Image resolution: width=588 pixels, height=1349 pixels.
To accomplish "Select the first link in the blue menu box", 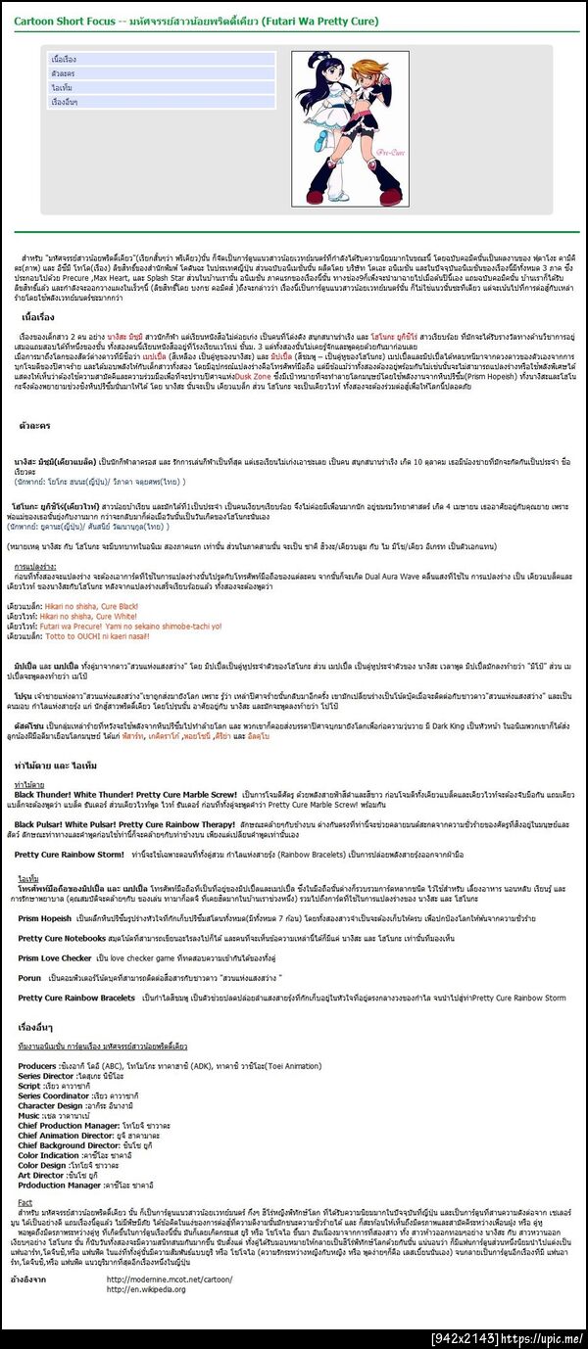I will [x=63, y=60].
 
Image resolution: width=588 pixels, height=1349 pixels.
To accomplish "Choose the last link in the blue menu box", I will [x=65, y=102].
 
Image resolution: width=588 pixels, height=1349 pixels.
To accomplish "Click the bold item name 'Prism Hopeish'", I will [x=45, y=917].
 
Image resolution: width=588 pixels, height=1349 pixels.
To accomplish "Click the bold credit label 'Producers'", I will [x=37, y=1065].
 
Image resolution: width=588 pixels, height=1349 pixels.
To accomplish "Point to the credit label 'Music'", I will [x=29, y=1114].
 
